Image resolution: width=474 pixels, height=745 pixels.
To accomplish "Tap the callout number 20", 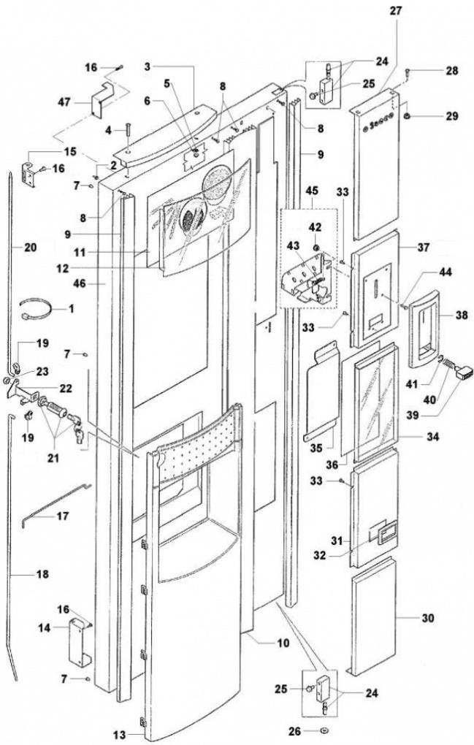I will pyautogui.click(x=30, y=248).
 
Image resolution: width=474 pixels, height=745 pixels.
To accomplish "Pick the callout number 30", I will pyautogui.click(x=427, y=618).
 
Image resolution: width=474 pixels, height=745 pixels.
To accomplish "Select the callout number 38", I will pyautogui.click(x=461, y=317).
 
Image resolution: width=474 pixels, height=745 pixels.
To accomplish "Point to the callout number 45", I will pyautogui.click(x=313, y=191).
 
